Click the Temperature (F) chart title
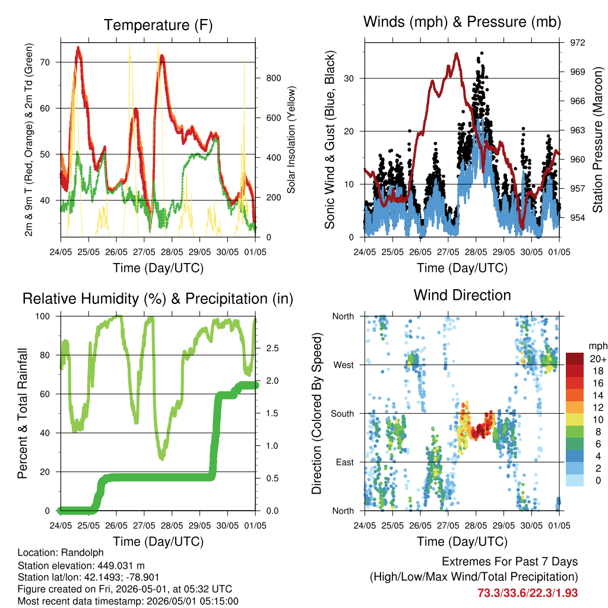point(158,25)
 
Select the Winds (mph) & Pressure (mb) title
point(462,22)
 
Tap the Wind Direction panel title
point(462,295)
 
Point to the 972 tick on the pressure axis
point(577,43)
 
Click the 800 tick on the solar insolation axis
point(273,78)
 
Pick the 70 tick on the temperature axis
point(45,62)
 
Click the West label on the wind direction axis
point(344,365)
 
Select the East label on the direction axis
point(345,462)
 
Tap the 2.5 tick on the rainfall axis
point(272,348)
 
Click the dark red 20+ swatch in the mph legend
point(575,359)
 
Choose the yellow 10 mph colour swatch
point(575,420)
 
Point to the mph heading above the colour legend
point(598,346)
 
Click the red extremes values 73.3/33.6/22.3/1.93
point(527,593)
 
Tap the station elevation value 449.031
point(116,565)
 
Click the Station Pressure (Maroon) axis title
point(597,140)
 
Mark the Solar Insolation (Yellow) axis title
point(291,140)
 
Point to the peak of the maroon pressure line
point(457,54)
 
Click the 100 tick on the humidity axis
point(43,316)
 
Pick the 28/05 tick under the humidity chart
point(172,525)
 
